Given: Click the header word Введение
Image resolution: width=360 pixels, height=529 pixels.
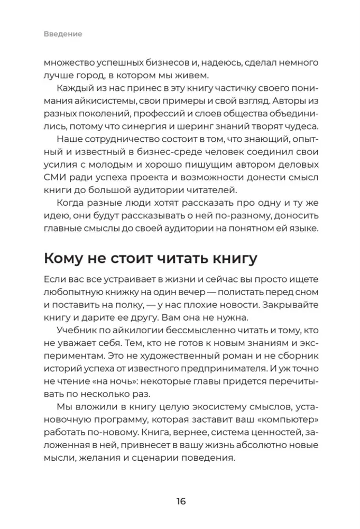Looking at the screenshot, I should (63, 34).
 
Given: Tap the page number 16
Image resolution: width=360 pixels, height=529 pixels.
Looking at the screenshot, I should (180, 501).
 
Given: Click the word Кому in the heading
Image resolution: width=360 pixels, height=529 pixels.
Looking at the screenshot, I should (66, 259).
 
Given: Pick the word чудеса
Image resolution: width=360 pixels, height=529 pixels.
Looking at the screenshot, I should (298, 127).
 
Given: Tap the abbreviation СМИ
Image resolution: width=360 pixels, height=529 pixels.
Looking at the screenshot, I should (55, 176).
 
